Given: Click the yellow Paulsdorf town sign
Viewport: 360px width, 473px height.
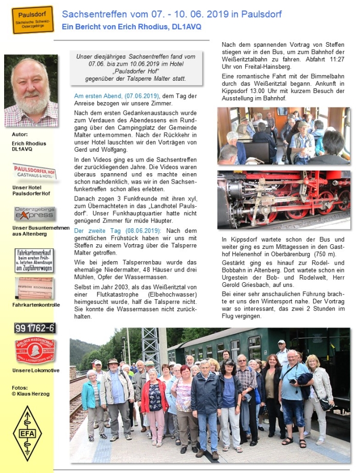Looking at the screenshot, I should click(32, 20).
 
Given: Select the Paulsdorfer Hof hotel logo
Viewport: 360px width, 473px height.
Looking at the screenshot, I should click(34, 171).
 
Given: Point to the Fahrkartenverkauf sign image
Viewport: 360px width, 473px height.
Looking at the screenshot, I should click(34, 260).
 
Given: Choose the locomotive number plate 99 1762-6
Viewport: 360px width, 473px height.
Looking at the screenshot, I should click(34, 328).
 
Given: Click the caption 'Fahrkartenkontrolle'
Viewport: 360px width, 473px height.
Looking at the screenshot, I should click(36, 305).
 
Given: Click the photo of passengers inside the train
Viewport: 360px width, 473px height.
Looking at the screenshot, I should click(283, 136).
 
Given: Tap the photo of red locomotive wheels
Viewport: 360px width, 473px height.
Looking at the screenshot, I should click(283, 199).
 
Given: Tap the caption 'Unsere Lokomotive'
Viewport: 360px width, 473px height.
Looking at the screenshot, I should click(36, 371).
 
